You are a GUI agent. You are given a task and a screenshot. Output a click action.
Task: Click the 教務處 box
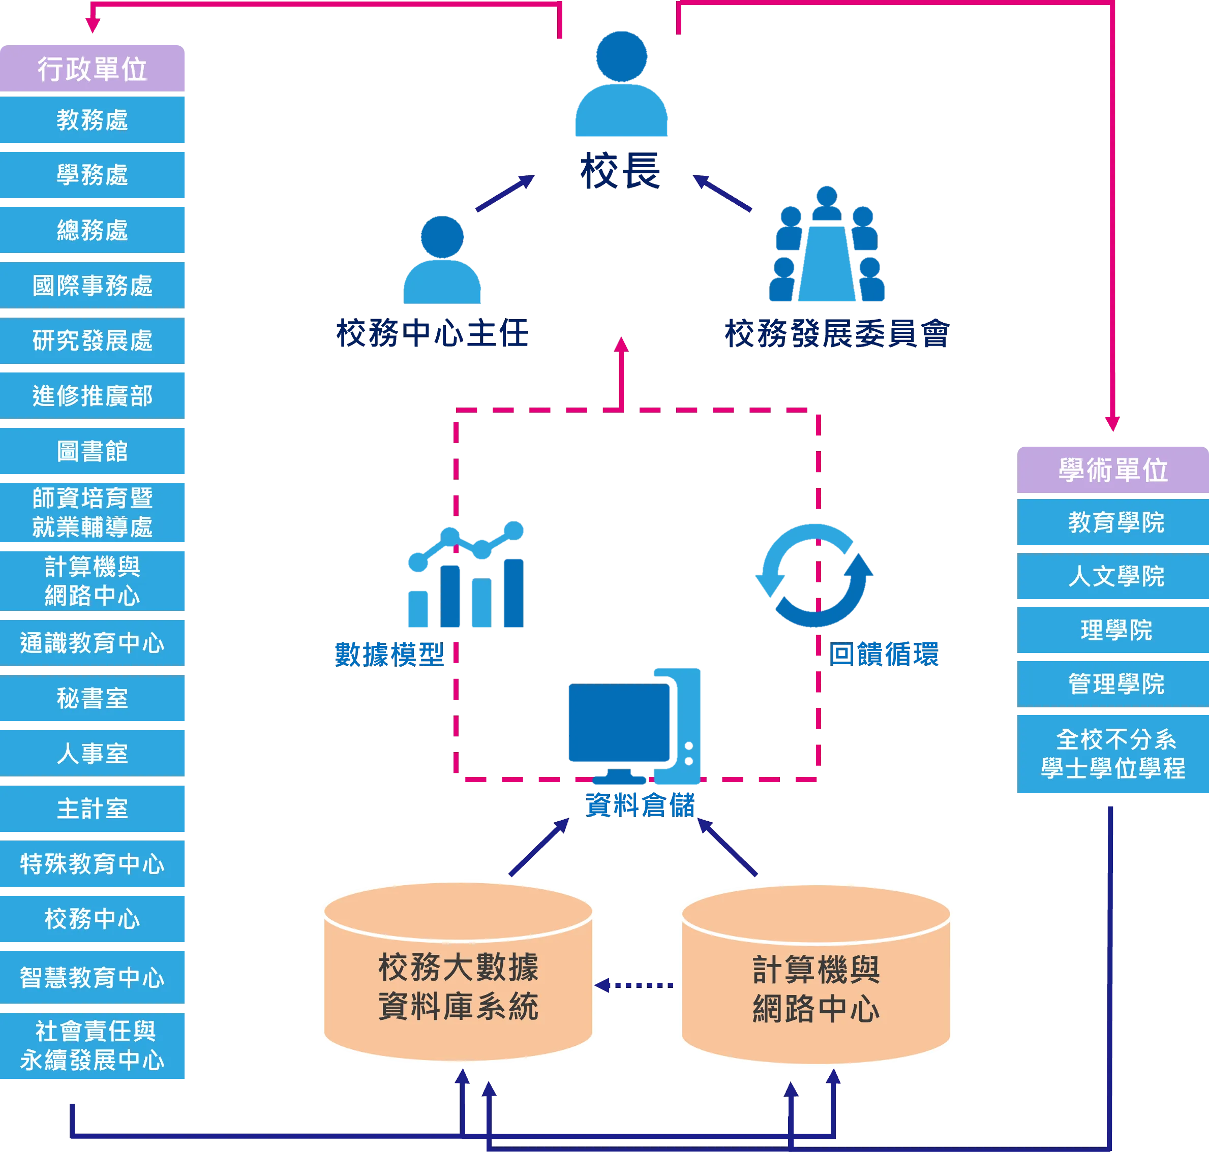tap(92, 120)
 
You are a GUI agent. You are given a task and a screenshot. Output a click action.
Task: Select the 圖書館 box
tap(92, 451)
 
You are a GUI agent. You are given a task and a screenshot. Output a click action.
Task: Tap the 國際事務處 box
tap(92, 285)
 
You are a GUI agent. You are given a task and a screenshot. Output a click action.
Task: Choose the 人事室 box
tap(92, 753)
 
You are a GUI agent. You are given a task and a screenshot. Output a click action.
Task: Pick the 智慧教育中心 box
tap(92, 977)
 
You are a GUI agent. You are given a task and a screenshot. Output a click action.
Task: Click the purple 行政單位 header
tap(92, 68)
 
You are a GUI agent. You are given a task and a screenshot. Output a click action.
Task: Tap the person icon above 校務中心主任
tap(442, 260)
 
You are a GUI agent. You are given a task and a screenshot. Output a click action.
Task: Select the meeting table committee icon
tap(827, 244)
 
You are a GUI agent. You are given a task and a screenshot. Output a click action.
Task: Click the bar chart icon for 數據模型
tap(466, 574)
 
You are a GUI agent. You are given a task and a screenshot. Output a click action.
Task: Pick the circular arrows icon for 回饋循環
tap(814, 575)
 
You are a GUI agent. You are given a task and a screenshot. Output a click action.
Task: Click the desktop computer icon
tap(634, 726)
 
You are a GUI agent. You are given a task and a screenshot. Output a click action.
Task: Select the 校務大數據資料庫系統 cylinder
tap(458, 972)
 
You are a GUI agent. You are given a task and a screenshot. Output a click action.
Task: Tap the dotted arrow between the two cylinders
tap(634, 985)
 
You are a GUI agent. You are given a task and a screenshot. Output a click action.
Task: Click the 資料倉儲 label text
tap(640, 804)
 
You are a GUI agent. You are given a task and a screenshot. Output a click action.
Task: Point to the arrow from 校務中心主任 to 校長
tap(505, 193)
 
